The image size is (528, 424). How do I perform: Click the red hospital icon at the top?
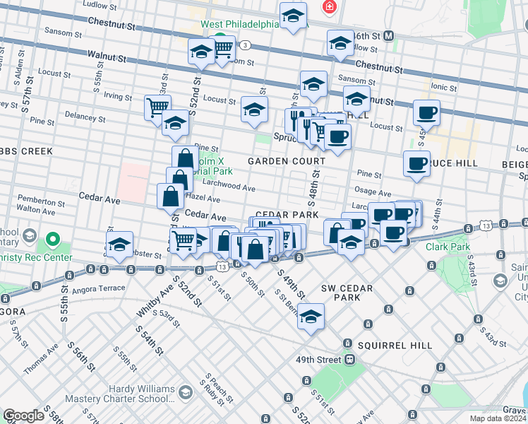(328, 8)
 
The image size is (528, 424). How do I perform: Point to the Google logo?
(24, 416)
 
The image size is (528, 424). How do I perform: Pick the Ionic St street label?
(444, 86)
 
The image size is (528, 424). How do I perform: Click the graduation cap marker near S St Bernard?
(311, 317)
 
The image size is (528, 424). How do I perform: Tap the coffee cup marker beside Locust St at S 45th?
(426, 112)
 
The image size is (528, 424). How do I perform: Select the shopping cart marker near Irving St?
(157, 107)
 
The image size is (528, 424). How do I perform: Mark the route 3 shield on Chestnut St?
(245, 45)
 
